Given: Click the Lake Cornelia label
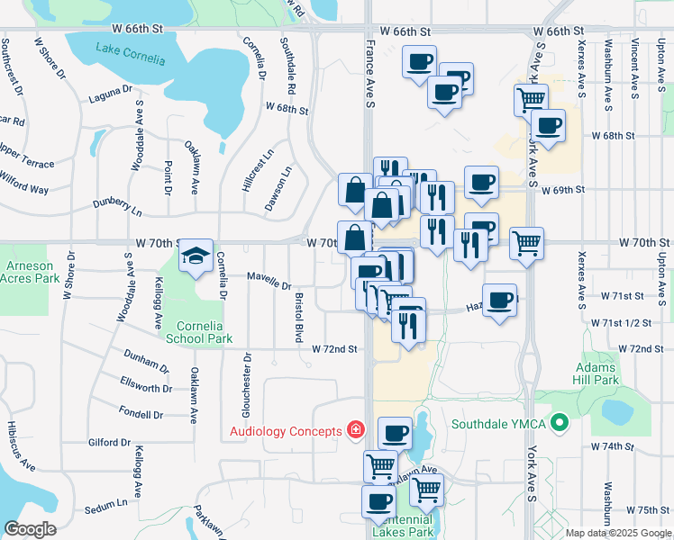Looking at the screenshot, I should click(x=132, y=59).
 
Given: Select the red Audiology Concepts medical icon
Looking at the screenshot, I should click(x=357, y=431).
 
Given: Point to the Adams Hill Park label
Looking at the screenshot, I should click(x=596, y=373).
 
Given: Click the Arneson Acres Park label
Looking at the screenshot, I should click(x=30, y=273).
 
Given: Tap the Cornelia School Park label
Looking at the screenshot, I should click(x=199, y=332).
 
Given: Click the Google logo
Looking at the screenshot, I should click(x=30, y=529).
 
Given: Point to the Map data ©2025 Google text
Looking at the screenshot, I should click(x=618, y=533).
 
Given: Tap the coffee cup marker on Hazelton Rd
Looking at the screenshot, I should click(x=499, y=299).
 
